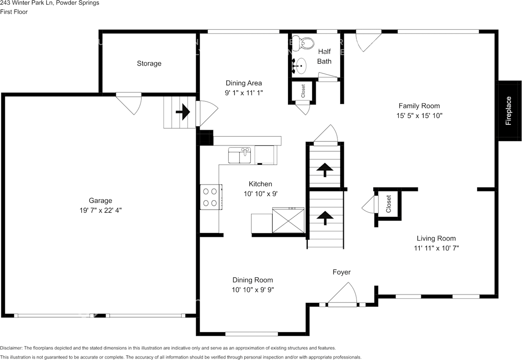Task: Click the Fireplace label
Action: point(509,110)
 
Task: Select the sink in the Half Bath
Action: point(301,66)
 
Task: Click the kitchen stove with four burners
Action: point(210,197)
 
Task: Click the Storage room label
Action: point(149,64)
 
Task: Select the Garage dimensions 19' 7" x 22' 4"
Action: point(100,210)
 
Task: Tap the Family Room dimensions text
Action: point(419,116)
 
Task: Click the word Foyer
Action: point(341,272)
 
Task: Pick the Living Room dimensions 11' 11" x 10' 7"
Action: point(436,248)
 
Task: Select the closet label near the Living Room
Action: point(388,204)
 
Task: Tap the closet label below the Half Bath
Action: point(303,91)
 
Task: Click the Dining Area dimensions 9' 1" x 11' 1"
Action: point(244,93)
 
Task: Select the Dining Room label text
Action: point(252,280)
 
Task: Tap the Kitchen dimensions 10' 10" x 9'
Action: point(260,194)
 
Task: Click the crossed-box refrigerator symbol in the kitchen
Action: point(288,220)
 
